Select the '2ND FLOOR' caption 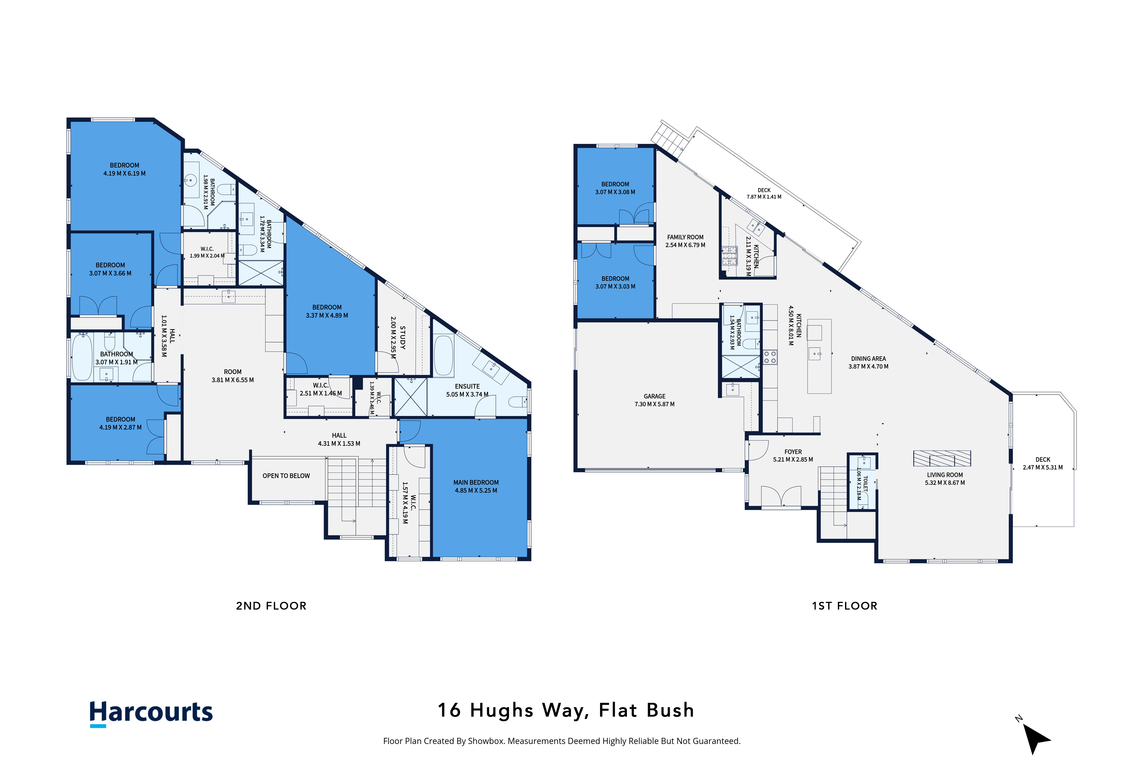tap(271, 606)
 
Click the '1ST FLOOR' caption tap(845, 606)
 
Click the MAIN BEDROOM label tap(476, 482)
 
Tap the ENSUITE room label tap(467, 386)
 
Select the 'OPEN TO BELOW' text tap(286, 476)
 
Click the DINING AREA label tap(869, 359)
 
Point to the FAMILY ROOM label tap(685, 237)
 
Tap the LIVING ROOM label tap(945, 475)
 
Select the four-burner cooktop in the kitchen tap(770, 357)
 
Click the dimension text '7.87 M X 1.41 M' tap(764, 197)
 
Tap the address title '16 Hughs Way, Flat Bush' tap(566, 710)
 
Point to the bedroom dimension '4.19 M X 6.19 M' tap(124, 173)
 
